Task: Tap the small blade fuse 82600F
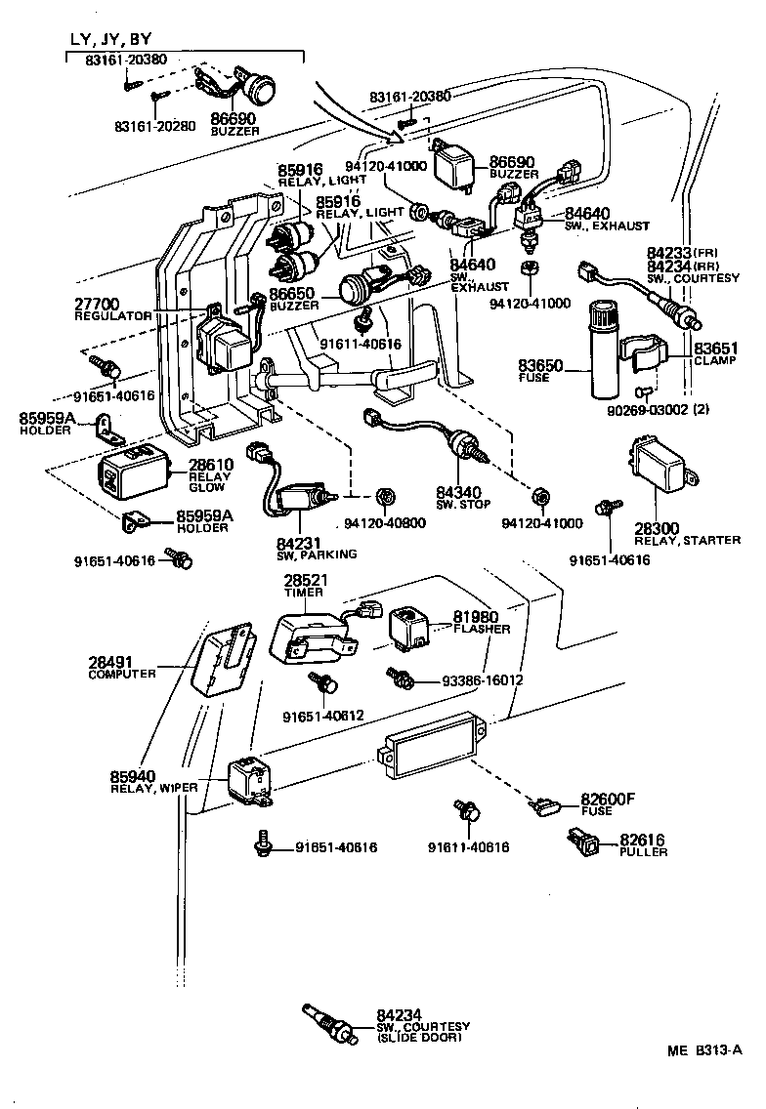point(545,806)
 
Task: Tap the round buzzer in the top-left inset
point(261,91)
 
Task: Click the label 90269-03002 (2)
point(665,411)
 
